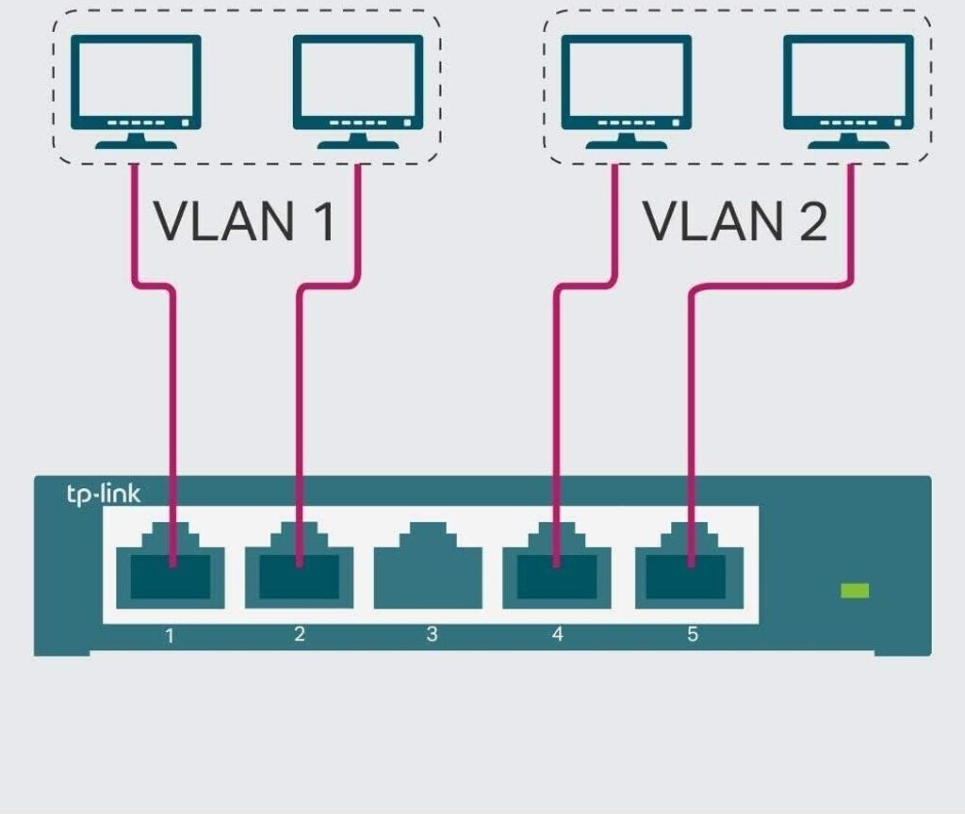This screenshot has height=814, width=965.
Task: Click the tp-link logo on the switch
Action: pos(104,494)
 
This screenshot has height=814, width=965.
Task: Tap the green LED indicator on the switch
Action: pos(855,591)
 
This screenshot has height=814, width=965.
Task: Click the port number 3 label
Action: pos(432,634)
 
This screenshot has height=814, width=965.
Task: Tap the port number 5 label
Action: pos(693,634)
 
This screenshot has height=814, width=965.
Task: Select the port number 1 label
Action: pos(170,635)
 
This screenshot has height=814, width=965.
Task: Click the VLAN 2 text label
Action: pos(735,221)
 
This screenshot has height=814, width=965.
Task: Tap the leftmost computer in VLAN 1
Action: pos(137,90)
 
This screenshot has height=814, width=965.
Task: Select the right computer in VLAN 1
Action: pos(357,90)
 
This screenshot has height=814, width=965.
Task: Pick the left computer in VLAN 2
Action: pos(626,90)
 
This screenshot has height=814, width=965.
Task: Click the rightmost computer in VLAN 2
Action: pos(848,90)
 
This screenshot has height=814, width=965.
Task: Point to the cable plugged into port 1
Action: pos(173,396)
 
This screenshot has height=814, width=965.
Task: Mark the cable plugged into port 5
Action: pos(692,396)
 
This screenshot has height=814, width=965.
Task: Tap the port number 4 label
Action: pos(558,634)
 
